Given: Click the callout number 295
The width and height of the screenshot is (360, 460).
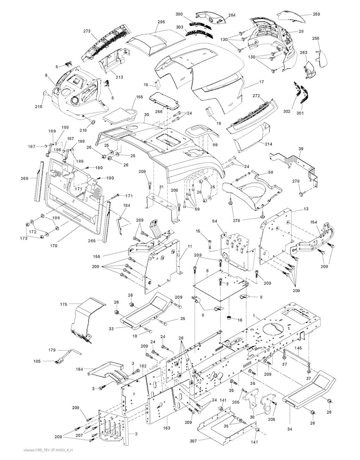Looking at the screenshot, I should click(161, 22).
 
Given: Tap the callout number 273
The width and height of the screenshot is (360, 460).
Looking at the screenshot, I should click(87, 31).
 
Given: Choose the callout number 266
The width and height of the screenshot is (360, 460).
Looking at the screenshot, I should click(25, 178).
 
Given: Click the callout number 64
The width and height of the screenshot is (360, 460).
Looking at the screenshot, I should click(214, 221).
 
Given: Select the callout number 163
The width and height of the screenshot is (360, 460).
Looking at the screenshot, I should click(167, 428).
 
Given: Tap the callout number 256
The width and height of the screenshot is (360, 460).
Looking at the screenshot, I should click(159, 111).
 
